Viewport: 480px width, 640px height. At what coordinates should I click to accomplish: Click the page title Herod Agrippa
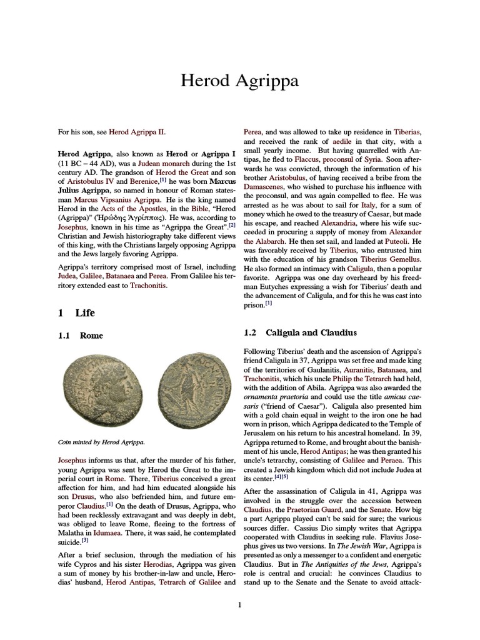coord(239,81)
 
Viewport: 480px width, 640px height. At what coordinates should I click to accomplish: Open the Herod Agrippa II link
coord(137,132)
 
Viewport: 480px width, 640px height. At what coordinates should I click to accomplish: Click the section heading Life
coord(85,312)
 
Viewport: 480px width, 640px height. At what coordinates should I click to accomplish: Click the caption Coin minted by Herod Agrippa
coord(101,442)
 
